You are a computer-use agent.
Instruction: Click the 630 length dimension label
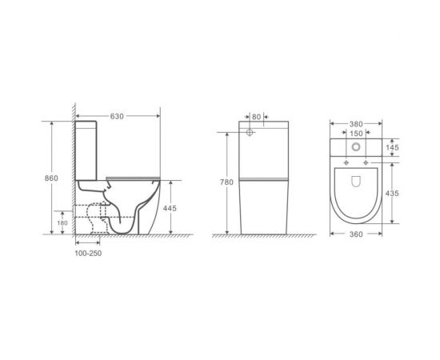pyautogui.click(x=117, y=116)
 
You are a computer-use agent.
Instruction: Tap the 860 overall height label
pyautogui.click(x=51, y=178)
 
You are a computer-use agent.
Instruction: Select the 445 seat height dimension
pyautogui.click(x=170, y=208)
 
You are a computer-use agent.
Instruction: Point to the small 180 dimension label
pyautogui.click(x=62, y=222)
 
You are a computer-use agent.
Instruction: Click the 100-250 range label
pyautogui.click(x=88, y=254)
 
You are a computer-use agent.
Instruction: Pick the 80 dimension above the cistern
pyautogui.click(x=256, y=117)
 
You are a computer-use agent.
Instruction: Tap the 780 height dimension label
pyautogui.click(x=226, y=182)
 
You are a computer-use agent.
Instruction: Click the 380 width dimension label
pyautogui.click(x=356, y=124)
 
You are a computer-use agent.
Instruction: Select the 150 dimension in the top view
pyautogui.click(x=356, y=134)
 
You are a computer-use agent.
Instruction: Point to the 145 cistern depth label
pyautogui.click(x=392, y=147)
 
